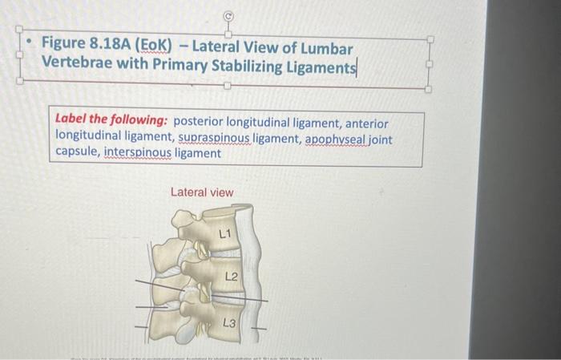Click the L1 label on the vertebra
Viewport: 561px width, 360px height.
225,234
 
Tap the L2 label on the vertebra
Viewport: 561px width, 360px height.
231,277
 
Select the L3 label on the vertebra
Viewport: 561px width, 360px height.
228,323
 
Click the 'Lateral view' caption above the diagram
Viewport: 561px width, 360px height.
202,192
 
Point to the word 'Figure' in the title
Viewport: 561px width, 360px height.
67,42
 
